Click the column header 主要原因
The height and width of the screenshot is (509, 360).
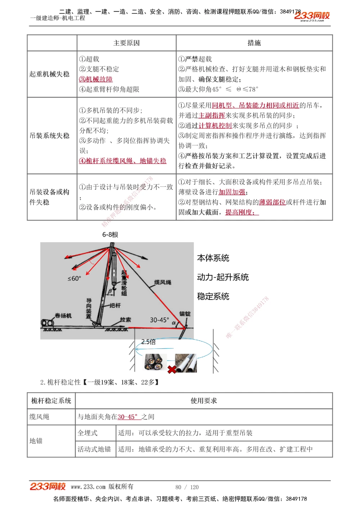point(126,43)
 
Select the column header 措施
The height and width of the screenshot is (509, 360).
point(254,43)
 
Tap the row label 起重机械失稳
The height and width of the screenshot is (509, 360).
point(50,74)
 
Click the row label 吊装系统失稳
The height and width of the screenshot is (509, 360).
point(50,136)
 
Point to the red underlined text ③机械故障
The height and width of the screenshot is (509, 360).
point(96,79)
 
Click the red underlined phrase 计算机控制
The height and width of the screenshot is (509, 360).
point(215,126)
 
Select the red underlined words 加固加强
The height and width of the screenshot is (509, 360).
point(232,192)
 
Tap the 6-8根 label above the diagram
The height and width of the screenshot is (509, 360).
point(110,235)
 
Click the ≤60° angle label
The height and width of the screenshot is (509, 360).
point(75,278)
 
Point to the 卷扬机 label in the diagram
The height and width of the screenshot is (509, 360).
point(63,315)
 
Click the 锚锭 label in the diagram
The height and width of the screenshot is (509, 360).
point(185,314)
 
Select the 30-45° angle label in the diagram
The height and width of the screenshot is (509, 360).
point(159,320)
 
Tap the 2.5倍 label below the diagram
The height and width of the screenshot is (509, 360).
point(148,342)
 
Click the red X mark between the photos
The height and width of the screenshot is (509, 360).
point(172,369)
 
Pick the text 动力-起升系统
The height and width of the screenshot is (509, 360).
point(223,277)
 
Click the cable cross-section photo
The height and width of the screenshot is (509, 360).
point(156,362)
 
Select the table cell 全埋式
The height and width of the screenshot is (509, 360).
point(88,433)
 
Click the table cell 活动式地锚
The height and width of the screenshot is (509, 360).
point(94,449)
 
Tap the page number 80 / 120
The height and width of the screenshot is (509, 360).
point(187,487)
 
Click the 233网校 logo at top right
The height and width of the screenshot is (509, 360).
point(312,16)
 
